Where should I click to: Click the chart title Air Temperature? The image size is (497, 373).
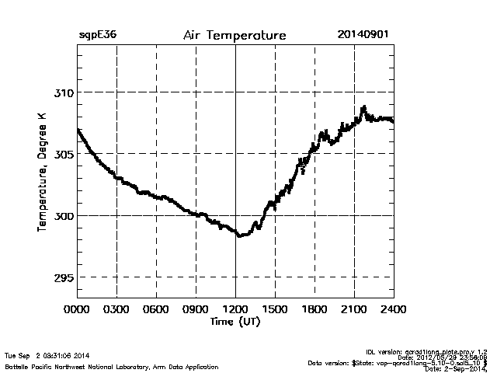tap(234, 36)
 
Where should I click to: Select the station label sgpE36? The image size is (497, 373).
tap(97, 36)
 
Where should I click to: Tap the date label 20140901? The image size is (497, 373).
tap(363, 36)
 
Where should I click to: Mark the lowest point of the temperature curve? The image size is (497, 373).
tap(240, 235)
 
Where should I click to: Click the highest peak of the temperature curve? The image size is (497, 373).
tap(363, 107)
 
